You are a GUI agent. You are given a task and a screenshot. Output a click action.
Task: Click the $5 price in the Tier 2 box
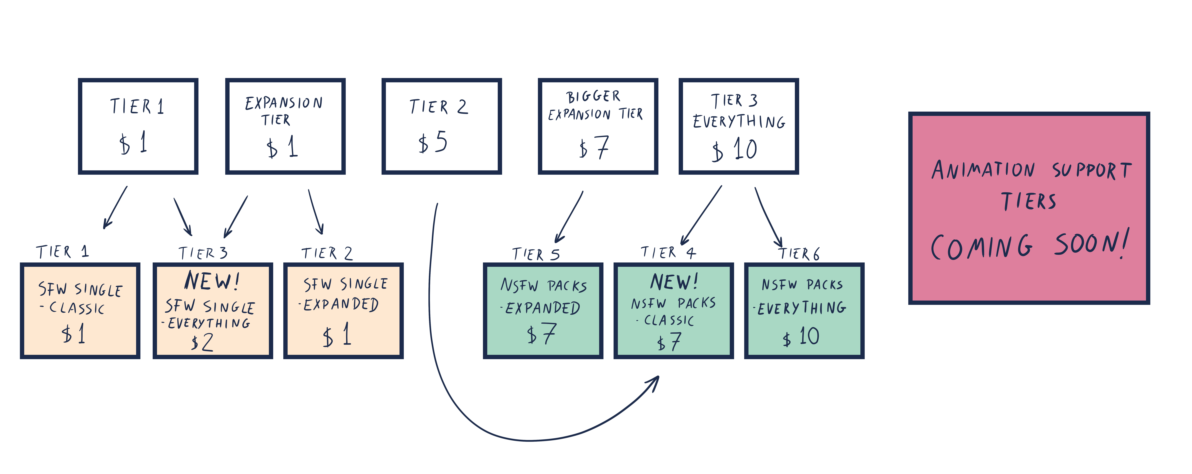pos(433,142)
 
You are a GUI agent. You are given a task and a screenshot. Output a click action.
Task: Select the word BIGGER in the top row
pos(593,96)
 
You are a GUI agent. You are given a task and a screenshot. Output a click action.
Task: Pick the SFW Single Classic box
pos(80,311)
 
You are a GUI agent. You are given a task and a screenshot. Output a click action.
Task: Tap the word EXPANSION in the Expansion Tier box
pos(284,103)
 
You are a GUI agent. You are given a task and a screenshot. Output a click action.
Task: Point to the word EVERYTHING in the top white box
pos(739,121)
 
